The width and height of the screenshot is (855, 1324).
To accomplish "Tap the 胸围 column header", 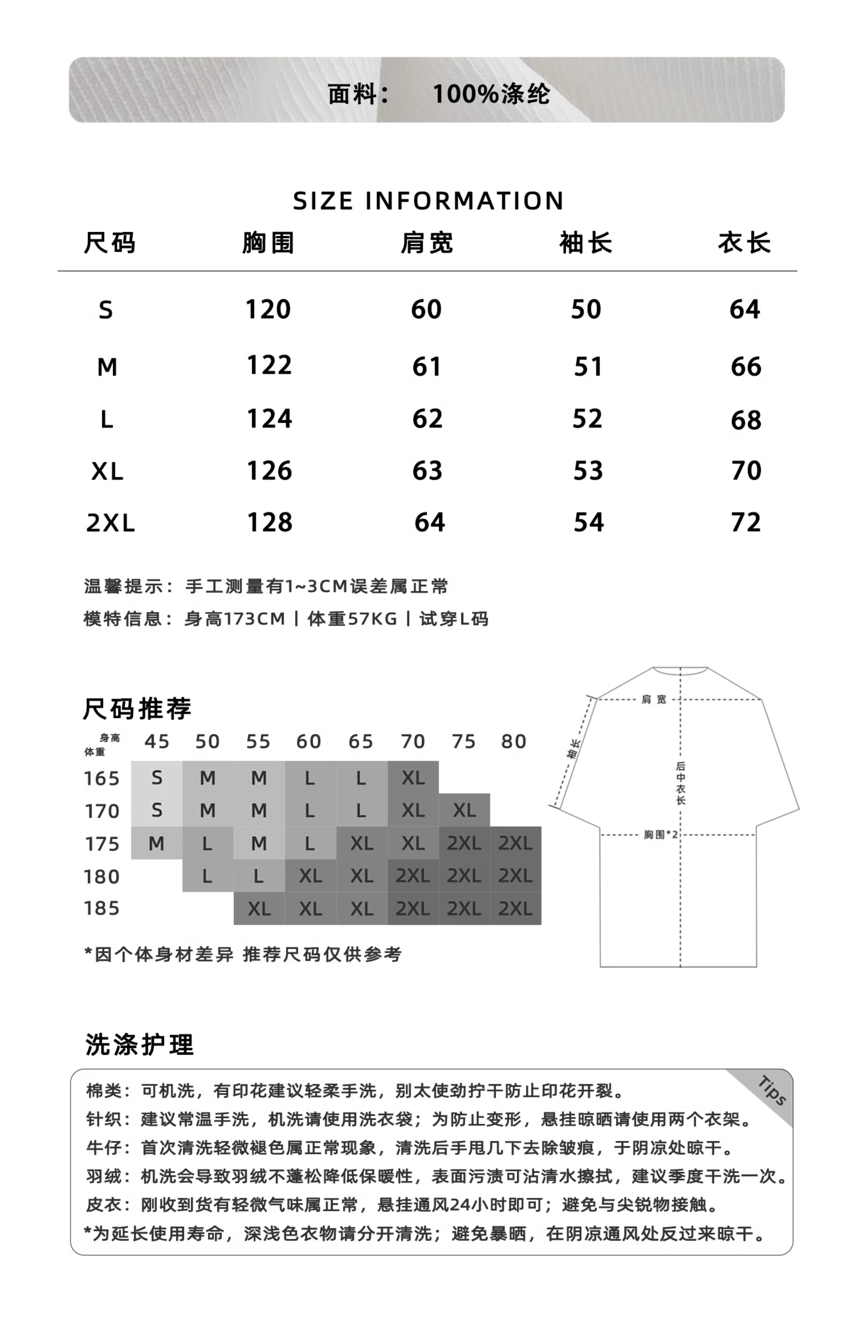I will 268,243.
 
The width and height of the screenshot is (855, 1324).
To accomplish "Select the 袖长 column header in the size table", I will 586,243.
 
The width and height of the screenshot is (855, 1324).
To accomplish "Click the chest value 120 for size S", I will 268,309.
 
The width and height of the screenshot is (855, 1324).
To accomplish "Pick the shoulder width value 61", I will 426,367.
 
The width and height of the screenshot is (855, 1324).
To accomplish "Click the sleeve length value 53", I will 588,471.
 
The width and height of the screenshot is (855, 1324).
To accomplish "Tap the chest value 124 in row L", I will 269,419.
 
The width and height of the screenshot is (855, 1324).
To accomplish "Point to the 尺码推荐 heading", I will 137,709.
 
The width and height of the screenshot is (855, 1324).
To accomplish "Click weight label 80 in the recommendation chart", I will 514,742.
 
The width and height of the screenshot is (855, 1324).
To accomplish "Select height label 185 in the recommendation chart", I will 102,908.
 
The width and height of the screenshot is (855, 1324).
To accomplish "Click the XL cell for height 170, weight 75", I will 464,811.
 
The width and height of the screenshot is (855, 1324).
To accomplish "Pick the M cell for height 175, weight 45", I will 157,843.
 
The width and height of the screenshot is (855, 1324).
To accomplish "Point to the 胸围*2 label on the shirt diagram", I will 661,834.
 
